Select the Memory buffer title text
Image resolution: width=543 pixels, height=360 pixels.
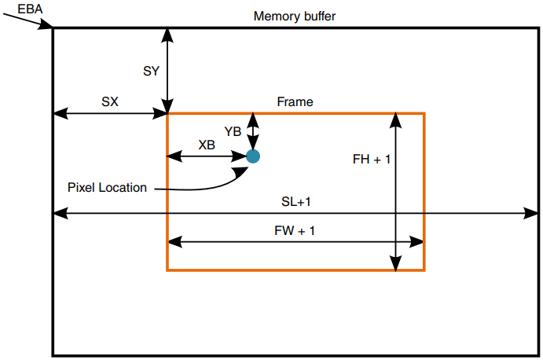pos(295,17)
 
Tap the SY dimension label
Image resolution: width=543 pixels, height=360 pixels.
pos(152,72)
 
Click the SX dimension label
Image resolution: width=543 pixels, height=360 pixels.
pos(110,101)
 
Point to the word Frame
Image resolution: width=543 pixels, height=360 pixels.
pos(295,102)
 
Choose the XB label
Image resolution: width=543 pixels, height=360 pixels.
pos(207,145)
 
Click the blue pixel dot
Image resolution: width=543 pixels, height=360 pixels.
pos(253,156)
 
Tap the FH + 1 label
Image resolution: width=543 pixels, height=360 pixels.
pos(372,159)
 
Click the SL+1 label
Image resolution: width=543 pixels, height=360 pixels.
pos(296,202)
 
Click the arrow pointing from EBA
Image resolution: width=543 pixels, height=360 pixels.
pos(31,21)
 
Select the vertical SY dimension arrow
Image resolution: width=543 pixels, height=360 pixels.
pos(167,71)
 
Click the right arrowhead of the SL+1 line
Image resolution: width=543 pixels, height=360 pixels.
pos(532,213)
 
